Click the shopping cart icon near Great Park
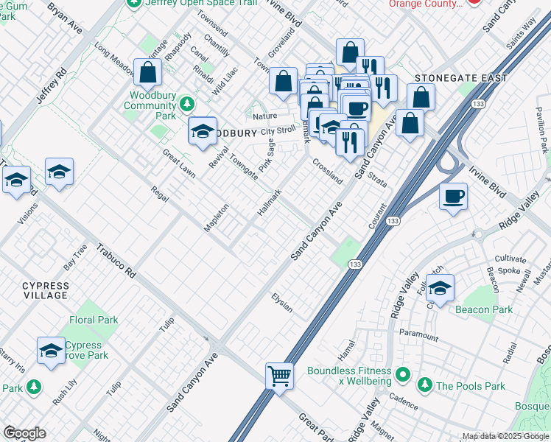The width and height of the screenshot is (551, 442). pyautogui.click(x=280, y=376)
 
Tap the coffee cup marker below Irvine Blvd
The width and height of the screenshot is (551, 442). pyautogui.click(x=453, y=197)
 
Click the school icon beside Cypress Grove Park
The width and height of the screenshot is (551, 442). pyautogui.click(x=51, y=351)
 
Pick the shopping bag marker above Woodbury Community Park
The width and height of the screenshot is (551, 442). pyautogui.click(x=148, y=72)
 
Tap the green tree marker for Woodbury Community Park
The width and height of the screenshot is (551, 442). pyautogui.click(x=188, y=103)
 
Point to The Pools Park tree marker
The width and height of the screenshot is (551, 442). pyautogui.click(x=424, y=385)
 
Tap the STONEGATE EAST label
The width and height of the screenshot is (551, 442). pyautogui.click(x=461, y=78)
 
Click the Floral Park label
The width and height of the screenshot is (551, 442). pyautogui.click(x=94, y=320)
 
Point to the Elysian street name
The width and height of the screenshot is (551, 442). pyautogui.click(x=282, y=302)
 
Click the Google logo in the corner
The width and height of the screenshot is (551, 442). pyautogui.click(x=25, y=433)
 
